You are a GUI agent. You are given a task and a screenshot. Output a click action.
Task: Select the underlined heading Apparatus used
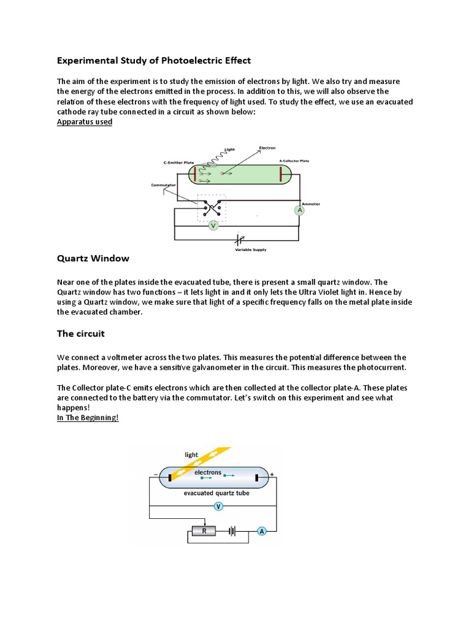point(85,121)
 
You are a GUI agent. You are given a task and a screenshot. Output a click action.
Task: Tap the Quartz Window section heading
point(93,258)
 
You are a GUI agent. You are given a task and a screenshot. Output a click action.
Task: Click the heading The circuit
point(81,334)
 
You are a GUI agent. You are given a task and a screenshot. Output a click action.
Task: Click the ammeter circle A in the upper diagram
point(300,210)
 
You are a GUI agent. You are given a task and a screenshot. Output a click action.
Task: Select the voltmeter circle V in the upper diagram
point(213,226)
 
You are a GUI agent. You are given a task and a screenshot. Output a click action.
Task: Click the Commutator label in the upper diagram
point(164,185)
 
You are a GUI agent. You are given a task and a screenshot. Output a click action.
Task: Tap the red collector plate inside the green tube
point(281,174)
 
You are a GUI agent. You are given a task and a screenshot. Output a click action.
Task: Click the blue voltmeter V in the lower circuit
point(218,506)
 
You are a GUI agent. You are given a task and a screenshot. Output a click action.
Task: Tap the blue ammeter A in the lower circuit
point(262,531)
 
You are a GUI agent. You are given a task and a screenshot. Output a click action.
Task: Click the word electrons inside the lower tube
point(208,472)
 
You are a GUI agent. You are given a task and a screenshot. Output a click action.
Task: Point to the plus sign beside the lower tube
point(272,474)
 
